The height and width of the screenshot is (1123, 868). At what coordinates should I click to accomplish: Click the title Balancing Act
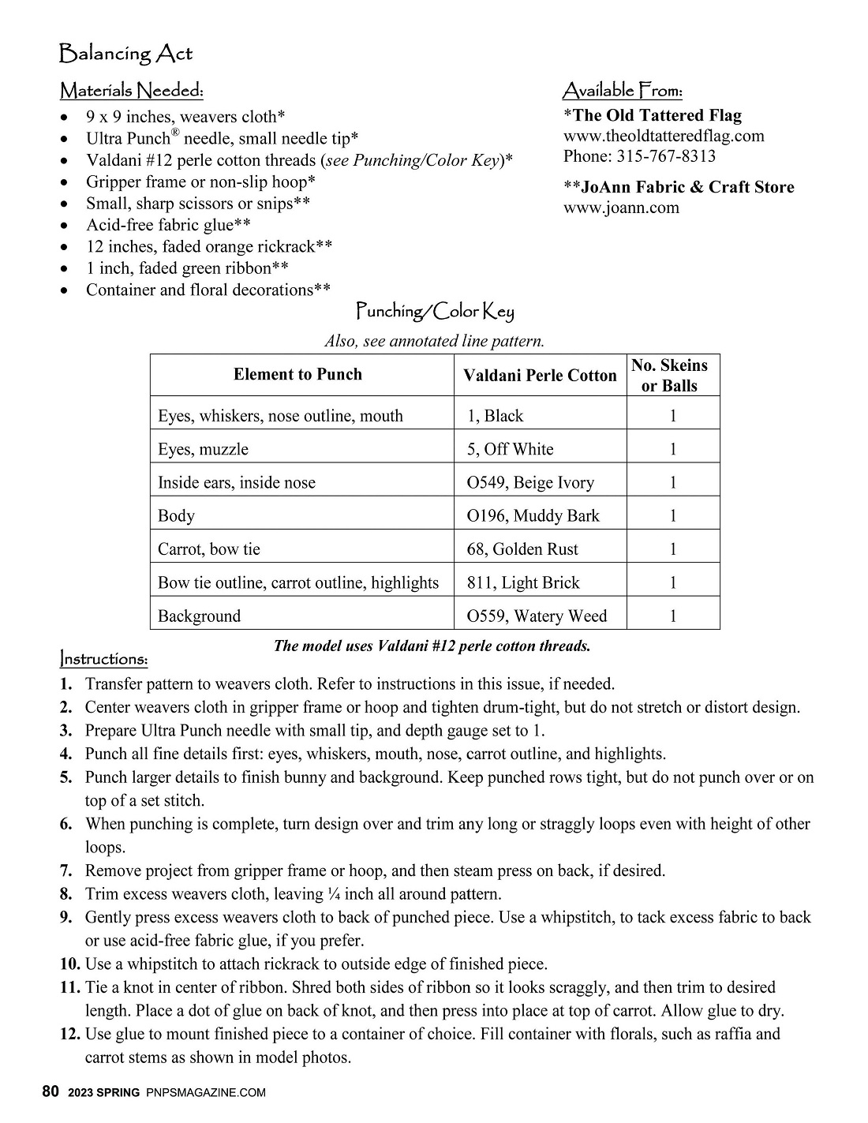pos(125,54)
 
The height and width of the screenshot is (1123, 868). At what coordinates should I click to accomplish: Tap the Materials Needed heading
pos(132,91)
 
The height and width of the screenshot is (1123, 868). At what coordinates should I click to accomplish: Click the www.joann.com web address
pos(621,208)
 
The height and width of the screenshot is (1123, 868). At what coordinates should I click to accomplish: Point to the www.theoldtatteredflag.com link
pos(664,135)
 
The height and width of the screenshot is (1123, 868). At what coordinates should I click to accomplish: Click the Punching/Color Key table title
pos(435,312)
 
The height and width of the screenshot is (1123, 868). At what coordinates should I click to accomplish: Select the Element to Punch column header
pos(297,374)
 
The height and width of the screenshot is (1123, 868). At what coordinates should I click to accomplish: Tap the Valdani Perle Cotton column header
pos(540,376)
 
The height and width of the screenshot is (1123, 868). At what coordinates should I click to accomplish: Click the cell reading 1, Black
pos(495,416)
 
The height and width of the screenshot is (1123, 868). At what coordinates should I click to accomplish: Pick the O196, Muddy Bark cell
pos(533,515)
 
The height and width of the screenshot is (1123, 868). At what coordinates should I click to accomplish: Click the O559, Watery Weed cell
pos(537,616)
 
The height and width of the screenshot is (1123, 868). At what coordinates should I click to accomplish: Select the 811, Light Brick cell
pos(523,582)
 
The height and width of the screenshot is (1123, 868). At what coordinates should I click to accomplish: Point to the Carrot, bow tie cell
pos(208,548)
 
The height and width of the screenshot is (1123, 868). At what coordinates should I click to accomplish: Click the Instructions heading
pos(103,658)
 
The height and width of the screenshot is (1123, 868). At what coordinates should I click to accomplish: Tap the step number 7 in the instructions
pos(66,871)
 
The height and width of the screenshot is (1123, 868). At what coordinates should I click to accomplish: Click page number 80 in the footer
pos(51,1092)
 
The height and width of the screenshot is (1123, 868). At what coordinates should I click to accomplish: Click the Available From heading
pos(622,91)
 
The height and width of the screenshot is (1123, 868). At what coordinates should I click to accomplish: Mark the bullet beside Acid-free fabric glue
pos(65,226)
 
